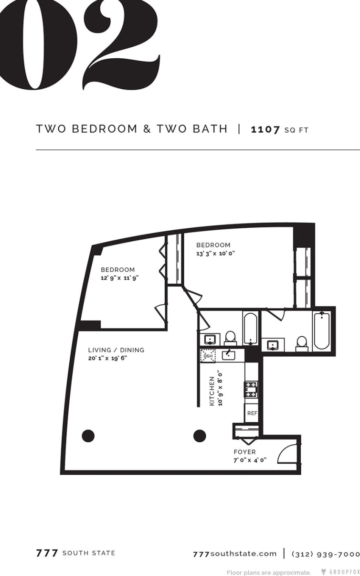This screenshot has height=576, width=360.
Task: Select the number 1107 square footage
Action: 265,129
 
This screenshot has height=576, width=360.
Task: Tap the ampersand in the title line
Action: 147,129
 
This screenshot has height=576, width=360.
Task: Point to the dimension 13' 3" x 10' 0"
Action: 216,254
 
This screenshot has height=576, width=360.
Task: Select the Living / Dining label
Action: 116,350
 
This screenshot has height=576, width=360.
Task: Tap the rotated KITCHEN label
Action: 212,391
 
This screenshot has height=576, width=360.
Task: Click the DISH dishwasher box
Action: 208,356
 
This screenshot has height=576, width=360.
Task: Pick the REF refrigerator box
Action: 252,413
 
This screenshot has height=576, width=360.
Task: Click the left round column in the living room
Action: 88,436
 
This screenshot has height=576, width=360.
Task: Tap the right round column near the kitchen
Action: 199,436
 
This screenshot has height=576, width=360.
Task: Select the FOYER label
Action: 244,452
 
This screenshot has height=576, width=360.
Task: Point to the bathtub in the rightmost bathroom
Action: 321,331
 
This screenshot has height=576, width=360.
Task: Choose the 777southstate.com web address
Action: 234,554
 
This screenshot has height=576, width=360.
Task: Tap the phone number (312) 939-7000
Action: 325,554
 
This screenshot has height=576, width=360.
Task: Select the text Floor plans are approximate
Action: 269,572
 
